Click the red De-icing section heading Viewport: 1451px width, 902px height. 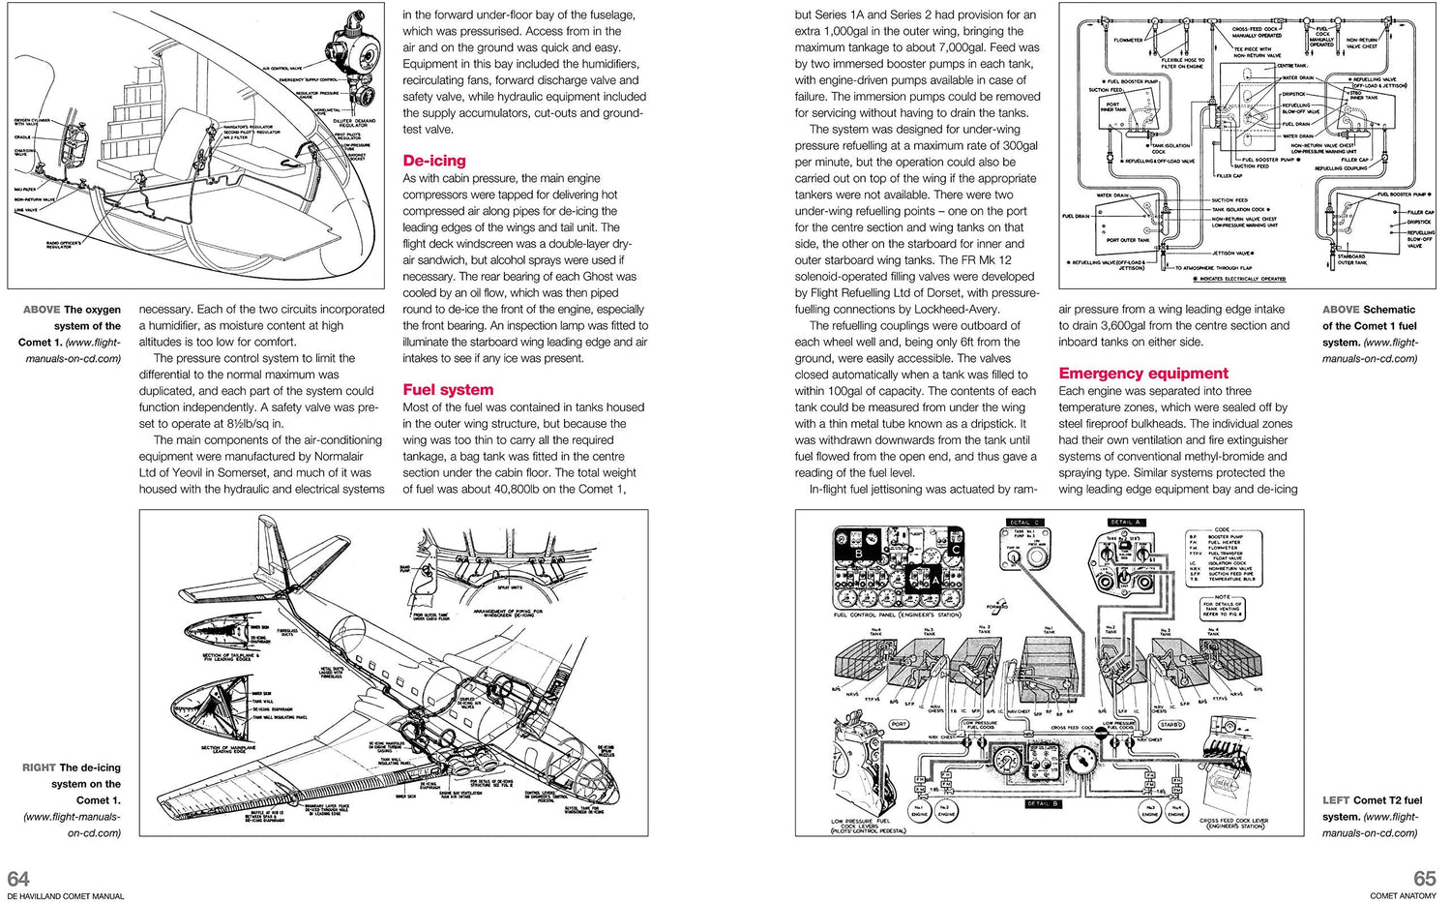tap(434, 161)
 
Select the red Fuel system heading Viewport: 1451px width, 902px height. tap(448, 389)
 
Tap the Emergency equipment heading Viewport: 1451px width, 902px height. tap(1143, 373)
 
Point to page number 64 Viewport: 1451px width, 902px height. tap(18, 878)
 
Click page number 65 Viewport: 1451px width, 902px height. tap(1425, 878)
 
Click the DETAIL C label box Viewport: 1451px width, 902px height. tap(1023, 523)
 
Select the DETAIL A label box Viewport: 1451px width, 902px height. tap(1126, 523)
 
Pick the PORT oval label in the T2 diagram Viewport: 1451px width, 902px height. tap(899, 724)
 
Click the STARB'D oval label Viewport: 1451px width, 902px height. tap(1170, 724)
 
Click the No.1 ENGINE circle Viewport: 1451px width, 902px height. tap(920, 811)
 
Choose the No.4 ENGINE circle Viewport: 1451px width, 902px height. tap(1176, 811)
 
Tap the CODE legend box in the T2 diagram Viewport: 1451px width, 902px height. tap(1222, 558)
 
